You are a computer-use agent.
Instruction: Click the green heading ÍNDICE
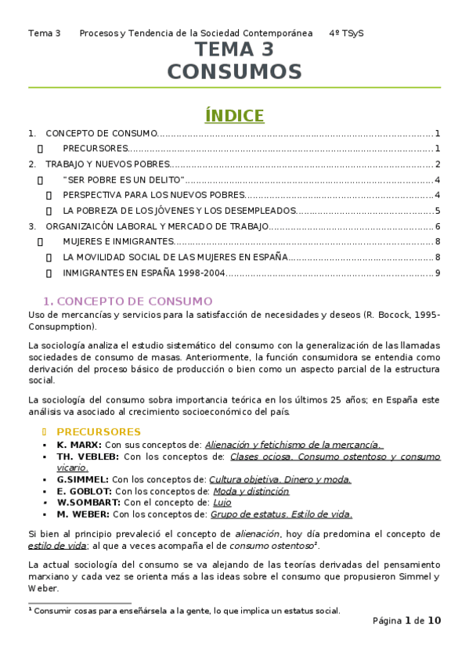234,116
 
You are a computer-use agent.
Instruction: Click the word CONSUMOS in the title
234,73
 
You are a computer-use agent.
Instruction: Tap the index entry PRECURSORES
95,149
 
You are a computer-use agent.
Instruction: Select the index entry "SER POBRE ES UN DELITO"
124,180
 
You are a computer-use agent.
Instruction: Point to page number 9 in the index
438,272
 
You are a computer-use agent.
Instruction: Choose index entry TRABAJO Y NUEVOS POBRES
107,164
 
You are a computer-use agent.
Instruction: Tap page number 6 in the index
438,226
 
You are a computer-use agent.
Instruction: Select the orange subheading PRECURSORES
99,431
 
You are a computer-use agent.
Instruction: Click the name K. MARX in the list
79,444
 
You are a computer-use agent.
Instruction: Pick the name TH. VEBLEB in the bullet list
88,456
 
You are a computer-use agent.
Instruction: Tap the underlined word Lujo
222,503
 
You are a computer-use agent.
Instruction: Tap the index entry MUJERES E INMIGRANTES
118,241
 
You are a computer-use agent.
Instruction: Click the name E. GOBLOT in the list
85,491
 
